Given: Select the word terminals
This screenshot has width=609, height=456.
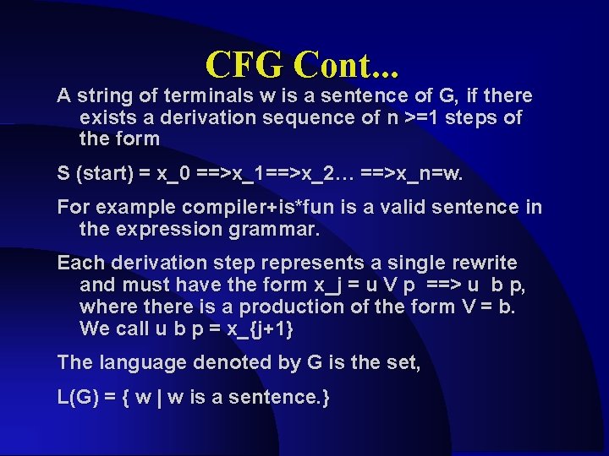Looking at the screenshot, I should tap(172, 96).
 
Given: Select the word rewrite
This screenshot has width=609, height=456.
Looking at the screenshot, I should tap(486, 263).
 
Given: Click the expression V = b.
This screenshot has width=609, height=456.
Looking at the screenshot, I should tap(484, 307).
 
